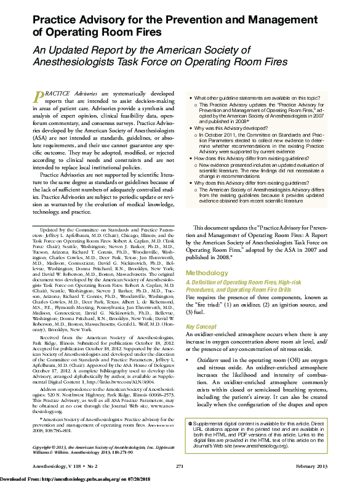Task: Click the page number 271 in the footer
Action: coord(180,468)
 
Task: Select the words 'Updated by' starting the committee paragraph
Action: coord(51,229)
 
